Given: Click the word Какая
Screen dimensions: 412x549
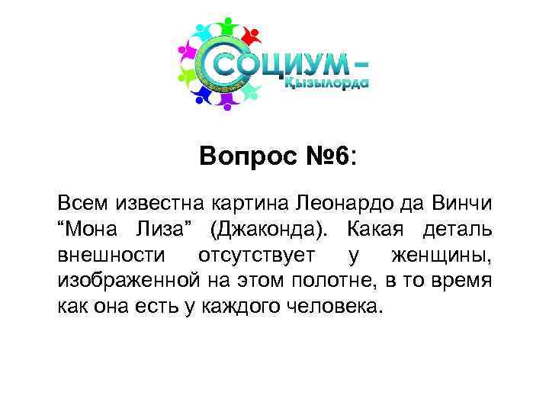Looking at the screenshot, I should (x=379, y=230).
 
